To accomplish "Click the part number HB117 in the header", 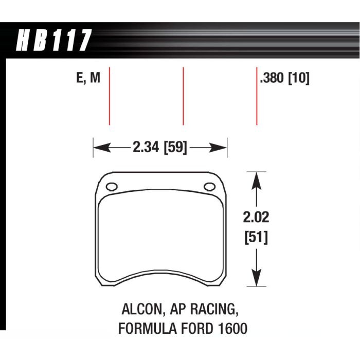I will click(54, 41).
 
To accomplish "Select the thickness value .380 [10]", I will click(284, 79).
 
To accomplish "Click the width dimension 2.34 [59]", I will click(159, 148).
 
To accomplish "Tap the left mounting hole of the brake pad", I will click(113, 186).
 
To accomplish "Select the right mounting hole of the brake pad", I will click(209, 187).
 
